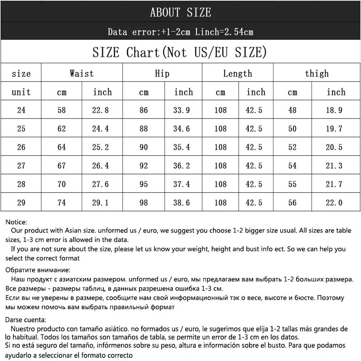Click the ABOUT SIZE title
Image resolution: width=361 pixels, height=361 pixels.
pos(180,12)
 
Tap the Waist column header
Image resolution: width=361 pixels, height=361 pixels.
pos(82,73)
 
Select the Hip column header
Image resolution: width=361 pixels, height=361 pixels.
pos(162,73)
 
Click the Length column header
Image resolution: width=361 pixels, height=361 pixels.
pos(237,73)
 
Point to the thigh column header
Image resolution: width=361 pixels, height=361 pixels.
pos(317,73)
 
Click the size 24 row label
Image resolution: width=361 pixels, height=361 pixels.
pos(21,110)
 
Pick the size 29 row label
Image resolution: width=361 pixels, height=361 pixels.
pos(21,203)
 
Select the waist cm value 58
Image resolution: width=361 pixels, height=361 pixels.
pos(61,110)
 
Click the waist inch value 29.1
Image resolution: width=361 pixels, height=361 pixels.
pos(102,203)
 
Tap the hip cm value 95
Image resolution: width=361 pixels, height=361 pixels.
pos(143,184)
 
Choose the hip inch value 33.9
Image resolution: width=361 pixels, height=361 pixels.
pos(183,110)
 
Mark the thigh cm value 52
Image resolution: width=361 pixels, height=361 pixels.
pos(292,147)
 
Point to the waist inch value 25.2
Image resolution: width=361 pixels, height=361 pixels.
pos(102,147)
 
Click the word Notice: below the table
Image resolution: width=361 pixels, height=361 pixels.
pos(16,222)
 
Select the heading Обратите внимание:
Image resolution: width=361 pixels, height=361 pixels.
pos(37,270)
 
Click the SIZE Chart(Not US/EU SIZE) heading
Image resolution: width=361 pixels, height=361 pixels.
pos(177,52)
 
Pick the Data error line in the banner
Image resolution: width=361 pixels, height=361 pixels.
pos(180,32)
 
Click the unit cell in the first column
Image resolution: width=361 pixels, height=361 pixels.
pos(21,92)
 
